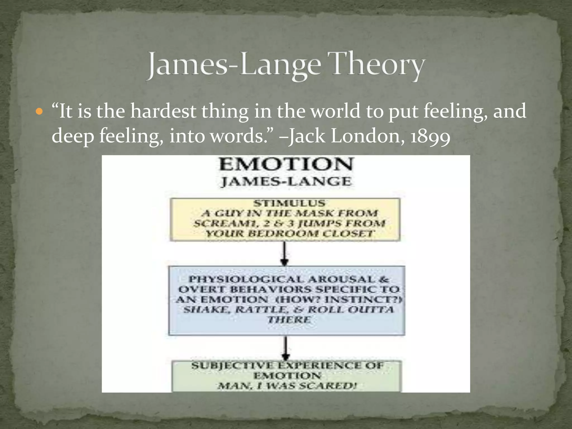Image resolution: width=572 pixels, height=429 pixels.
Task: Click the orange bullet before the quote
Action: tap(40, 112)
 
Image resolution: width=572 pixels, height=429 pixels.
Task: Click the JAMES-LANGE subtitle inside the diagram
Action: tap(286, 182)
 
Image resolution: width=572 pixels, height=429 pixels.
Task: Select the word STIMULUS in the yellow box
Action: tap(289, 203)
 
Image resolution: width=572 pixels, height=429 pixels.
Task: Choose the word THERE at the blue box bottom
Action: tap(289, 320)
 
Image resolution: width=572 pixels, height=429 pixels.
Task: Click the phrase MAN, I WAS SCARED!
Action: tap(287, 386)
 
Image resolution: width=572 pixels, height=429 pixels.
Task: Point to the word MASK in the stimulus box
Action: tap(314, 213)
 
